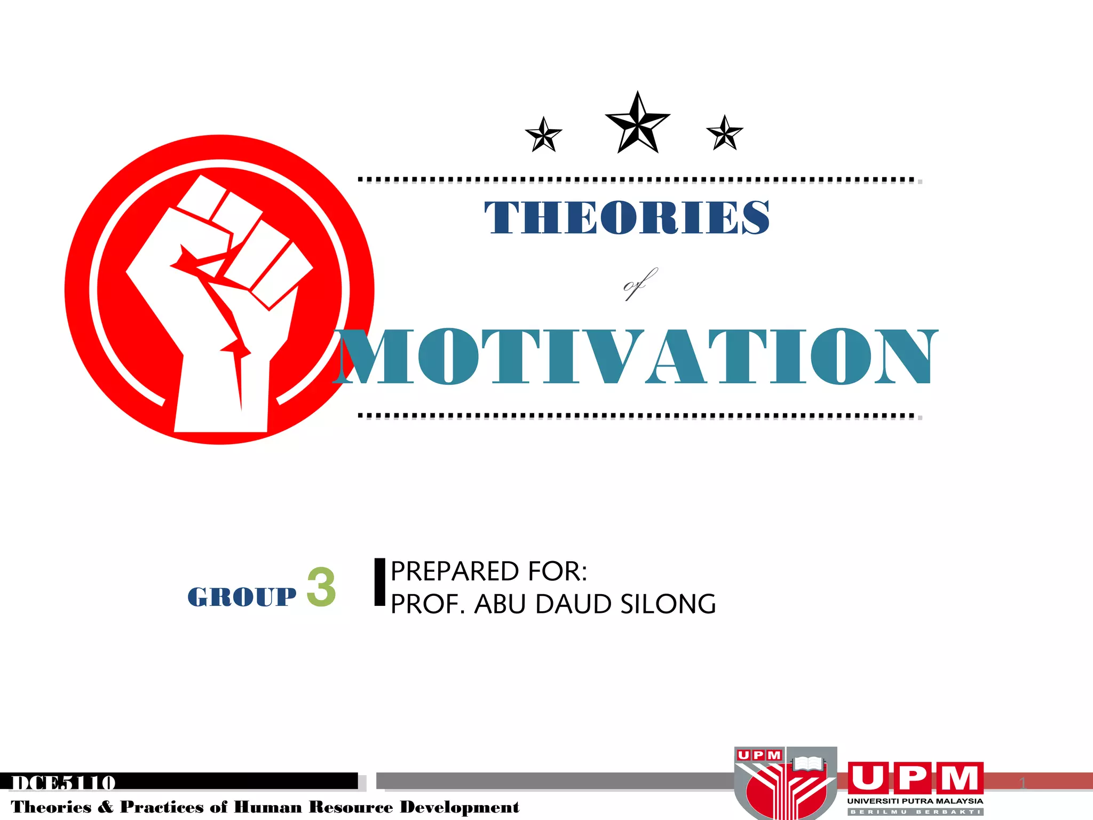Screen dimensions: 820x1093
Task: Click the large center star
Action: pyautogui.click(x=637, y=124)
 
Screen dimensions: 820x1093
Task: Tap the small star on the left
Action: pyautogui.click(x=544, y=135)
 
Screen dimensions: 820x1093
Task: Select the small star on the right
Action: pyautogui.click(x=724, y=133)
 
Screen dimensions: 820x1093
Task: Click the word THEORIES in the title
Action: pyautogui.click(x=627, y=217)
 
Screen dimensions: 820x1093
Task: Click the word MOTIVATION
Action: pyautogui.click(x=635, y=356)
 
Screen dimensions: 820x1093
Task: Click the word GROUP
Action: pyautogui.click(x=242, y=596)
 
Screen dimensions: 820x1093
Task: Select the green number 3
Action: pyautogui.click(x=321, y=587)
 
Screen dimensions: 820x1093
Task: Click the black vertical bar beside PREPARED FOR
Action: pyautogui.click(x=379, y=582)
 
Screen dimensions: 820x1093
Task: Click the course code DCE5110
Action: pyautogui.click(x=64, y=783)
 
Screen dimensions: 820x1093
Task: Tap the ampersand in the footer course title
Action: pyautogui.click(x=106, y=807)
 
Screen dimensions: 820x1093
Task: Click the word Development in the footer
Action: pyautogui.click(x=460, y=807)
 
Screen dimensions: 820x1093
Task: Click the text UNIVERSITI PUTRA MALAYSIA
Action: pyautogui.click(x=915, y=801)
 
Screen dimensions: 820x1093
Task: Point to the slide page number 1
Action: pyautogui.click(x=1023, y=784)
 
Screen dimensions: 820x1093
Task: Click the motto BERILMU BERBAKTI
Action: pyautogui.click(x=915, y=812)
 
